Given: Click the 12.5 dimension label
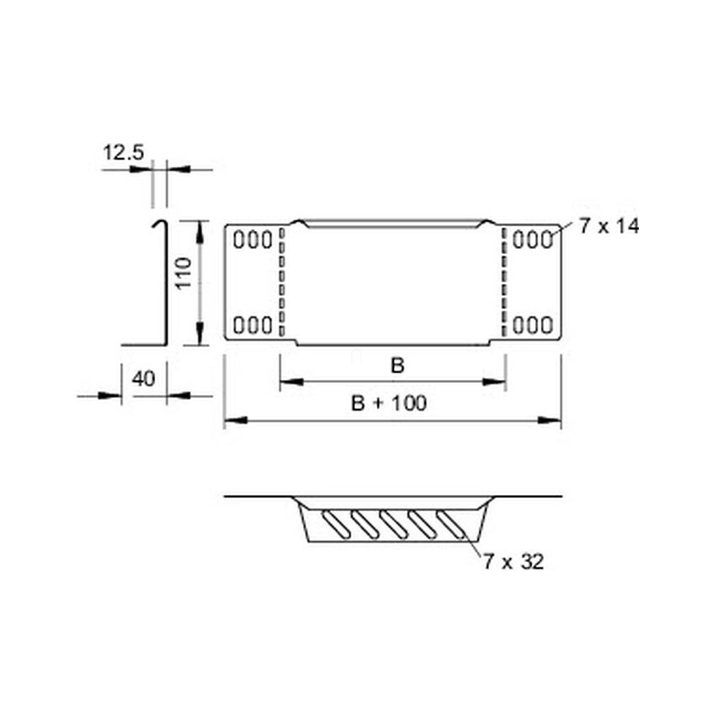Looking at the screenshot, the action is [124, 152].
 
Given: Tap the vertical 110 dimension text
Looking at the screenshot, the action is [184, 272].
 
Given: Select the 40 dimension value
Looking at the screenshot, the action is [143, 378].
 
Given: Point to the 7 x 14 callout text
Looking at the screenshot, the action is [609, 226].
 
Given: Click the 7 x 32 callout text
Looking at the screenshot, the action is [513, 562].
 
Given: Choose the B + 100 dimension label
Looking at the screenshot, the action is [389, 403].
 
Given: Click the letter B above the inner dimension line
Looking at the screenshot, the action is [397, 365].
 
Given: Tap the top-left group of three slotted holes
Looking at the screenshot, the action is [253, 239].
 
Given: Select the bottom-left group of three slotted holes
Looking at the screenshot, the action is [253, 325].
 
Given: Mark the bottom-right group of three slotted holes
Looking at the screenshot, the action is [533, 325].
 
